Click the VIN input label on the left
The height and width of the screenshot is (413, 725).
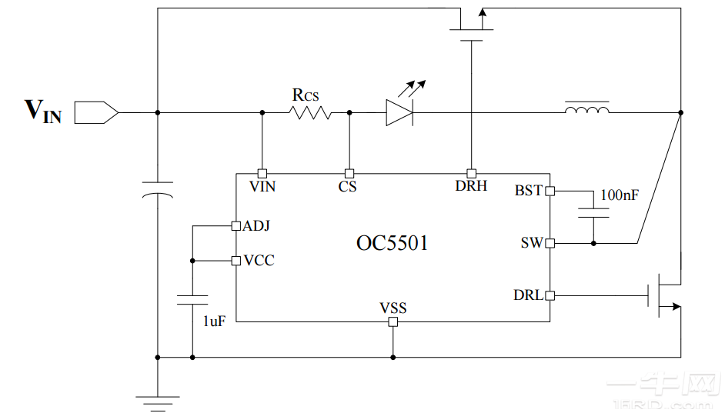click(43, 112)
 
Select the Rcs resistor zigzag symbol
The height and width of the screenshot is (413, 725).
click(310, 112)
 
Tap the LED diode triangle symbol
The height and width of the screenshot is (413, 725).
click(399, 112)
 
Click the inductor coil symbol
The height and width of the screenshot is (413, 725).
click(587, 110)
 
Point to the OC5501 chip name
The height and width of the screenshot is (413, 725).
click(392, 243)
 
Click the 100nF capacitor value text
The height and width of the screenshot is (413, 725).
click(619, 195)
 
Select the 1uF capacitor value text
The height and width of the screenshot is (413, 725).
click(214, 321)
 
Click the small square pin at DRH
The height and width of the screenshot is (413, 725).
click(471, 173)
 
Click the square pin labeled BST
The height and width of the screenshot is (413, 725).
click(550, 191)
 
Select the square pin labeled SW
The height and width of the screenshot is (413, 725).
click(550, 244)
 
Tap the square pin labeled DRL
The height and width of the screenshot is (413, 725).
click(550, 295)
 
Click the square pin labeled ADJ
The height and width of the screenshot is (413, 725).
click(236, 226)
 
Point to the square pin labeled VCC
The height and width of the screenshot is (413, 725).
click(236, 261)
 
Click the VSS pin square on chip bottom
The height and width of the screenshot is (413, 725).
click(393, 321)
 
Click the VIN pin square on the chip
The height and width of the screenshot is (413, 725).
click(262, 173)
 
